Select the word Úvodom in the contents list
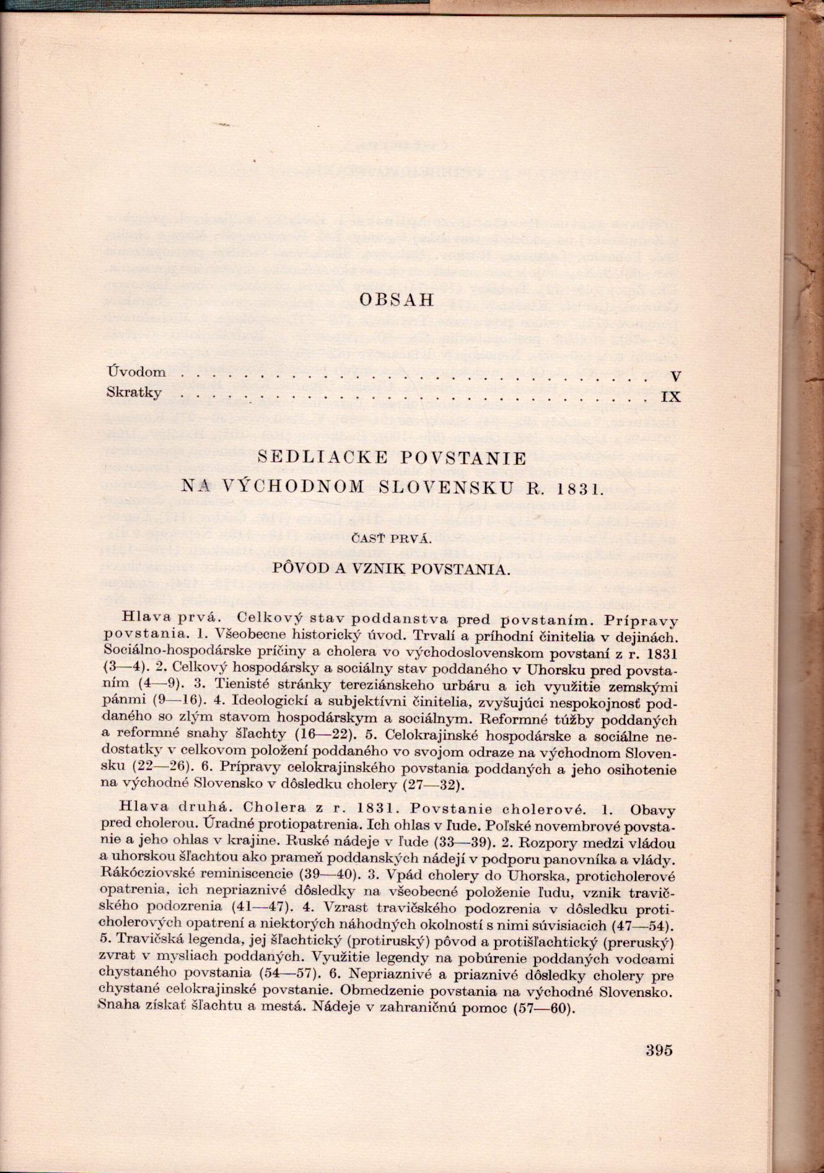click(136, 372)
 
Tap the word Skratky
click(134, 393)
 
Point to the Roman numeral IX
click(672, 397)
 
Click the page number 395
click(658, 1050)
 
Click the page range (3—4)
click(124, 668)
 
